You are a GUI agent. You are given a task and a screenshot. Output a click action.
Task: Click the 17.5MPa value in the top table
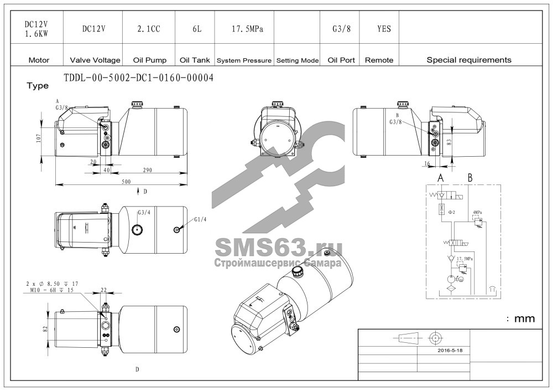coord(247,29)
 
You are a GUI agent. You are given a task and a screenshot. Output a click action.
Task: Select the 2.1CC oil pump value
coord(149,29)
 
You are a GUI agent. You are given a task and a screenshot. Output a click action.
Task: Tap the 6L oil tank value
coord(197,29)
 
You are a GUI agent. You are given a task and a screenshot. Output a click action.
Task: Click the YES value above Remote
coord(384,29)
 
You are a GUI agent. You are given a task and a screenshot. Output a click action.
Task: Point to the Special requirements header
coord(469,60)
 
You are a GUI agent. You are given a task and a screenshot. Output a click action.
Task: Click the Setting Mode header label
coord(298,60)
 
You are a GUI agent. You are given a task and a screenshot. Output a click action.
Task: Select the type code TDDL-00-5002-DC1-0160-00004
coord(139,78)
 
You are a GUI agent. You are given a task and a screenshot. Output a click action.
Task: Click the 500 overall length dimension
coord(126,182)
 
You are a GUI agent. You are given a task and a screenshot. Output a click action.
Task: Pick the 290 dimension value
coord(148,170)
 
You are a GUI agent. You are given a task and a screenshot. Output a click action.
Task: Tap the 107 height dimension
coord(39,138)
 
